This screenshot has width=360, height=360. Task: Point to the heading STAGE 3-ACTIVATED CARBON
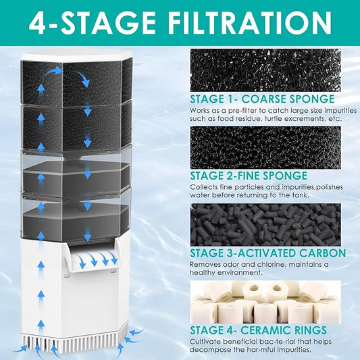click(267, 253)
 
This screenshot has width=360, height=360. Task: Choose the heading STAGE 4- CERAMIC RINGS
click(259, 330)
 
